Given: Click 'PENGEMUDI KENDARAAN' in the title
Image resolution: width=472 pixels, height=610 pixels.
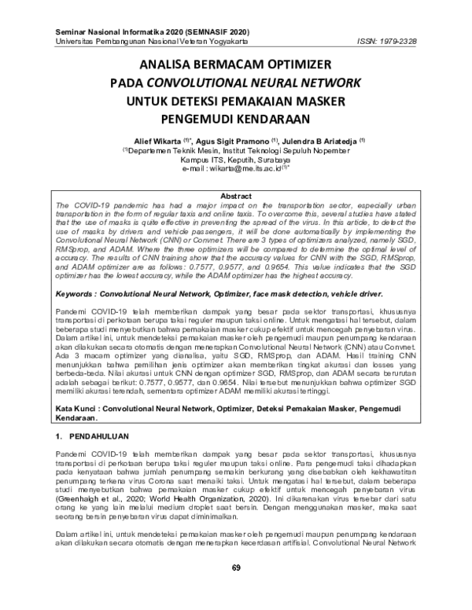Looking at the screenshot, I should coord(236,119).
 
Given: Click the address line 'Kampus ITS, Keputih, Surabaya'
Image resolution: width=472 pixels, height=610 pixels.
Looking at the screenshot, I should coord(236,158).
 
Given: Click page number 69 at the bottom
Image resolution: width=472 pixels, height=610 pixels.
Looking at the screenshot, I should coord(236,589).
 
